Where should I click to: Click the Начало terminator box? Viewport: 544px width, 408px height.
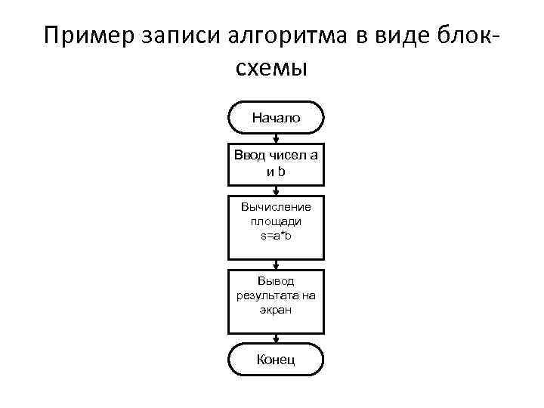click(x=276, y=118)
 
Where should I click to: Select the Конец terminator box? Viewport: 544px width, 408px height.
click(x=276, y=359)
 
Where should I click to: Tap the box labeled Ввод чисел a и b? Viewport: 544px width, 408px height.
click(x=276, y=163)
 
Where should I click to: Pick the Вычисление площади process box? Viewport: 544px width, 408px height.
click(x=276, y=224)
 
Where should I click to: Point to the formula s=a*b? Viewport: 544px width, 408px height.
click(x=276, y=237)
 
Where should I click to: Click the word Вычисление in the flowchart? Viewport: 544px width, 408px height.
click(x=276, y=206)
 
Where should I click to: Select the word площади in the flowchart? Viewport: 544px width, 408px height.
click(x=276, y=221)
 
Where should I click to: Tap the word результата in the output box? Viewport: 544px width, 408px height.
click(x=276, y=295)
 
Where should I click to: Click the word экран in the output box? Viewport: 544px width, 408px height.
click(x=276, y=310)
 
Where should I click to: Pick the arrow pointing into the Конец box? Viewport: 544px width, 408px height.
click(x=277, y=338)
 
